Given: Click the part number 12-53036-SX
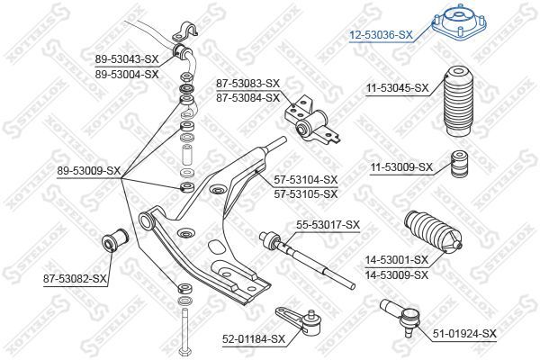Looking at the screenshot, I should pyautogui.click(x=382, y=35).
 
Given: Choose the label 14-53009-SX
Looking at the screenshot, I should pyautogui.click(x=397, y=274).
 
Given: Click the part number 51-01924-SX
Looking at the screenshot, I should pyautogui.click(x=463, y=334).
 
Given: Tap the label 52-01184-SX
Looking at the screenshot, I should pyautogui.click(x=253, y=338).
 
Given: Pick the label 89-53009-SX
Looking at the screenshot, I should pyautogui.click(x=88, y=169).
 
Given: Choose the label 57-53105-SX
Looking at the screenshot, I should pyautogui.click(x=306, y=193).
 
